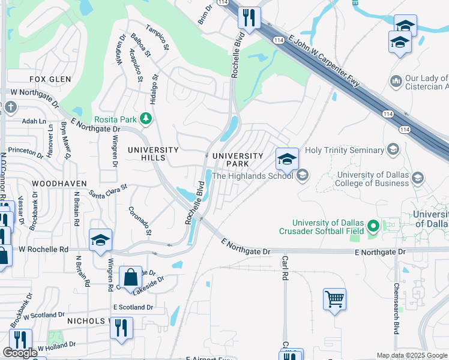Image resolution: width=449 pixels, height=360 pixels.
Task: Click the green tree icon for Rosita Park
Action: [145, 119]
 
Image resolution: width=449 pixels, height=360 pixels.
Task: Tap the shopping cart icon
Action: [334, 298]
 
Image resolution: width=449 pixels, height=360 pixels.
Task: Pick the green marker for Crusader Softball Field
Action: [373, 226]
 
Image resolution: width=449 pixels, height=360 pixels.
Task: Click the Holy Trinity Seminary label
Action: [344, 150]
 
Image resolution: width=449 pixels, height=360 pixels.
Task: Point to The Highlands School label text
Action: [253, 175]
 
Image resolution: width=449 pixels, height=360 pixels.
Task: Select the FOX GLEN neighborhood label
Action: [50, 79]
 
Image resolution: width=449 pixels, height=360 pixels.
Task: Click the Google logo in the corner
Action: [20, 353]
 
